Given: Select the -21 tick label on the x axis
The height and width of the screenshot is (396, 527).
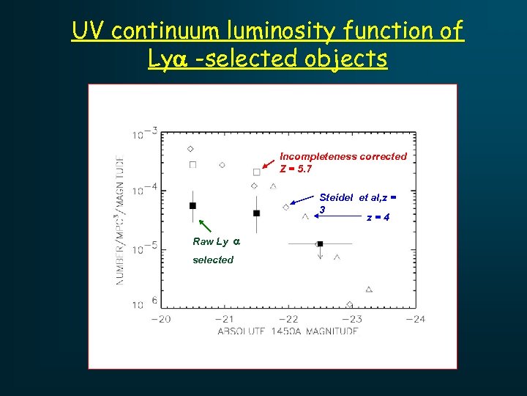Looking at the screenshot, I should pyautogui.click(x=225, y=319).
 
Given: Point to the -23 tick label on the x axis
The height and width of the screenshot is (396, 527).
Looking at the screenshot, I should pyautogui.click(x=352, y=319).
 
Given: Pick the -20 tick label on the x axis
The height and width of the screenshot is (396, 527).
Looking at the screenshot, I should pyautogui.click(x=161, y=319).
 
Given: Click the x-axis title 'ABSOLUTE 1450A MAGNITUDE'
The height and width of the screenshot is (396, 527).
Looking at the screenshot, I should pyautogui.click(x=288, y=331).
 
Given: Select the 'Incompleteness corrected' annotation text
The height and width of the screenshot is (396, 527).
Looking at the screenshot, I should pyautogui.click(x=343, y=156).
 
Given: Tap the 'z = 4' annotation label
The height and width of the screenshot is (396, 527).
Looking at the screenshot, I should pyautogui.click(x=378, y=217).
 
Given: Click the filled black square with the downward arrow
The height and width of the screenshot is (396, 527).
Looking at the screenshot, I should pyautogui.click(x=321, y=243).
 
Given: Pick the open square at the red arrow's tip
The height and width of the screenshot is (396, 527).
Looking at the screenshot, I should pyautogui.click(x=256, y=172).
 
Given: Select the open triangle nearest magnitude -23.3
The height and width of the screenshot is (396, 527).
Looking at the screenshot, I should pyautogui.click(x=369, y=290).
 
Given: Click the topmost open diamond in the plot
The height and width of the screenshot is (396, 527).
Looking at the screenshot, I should pyautogui.click(x=190, y=149).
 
